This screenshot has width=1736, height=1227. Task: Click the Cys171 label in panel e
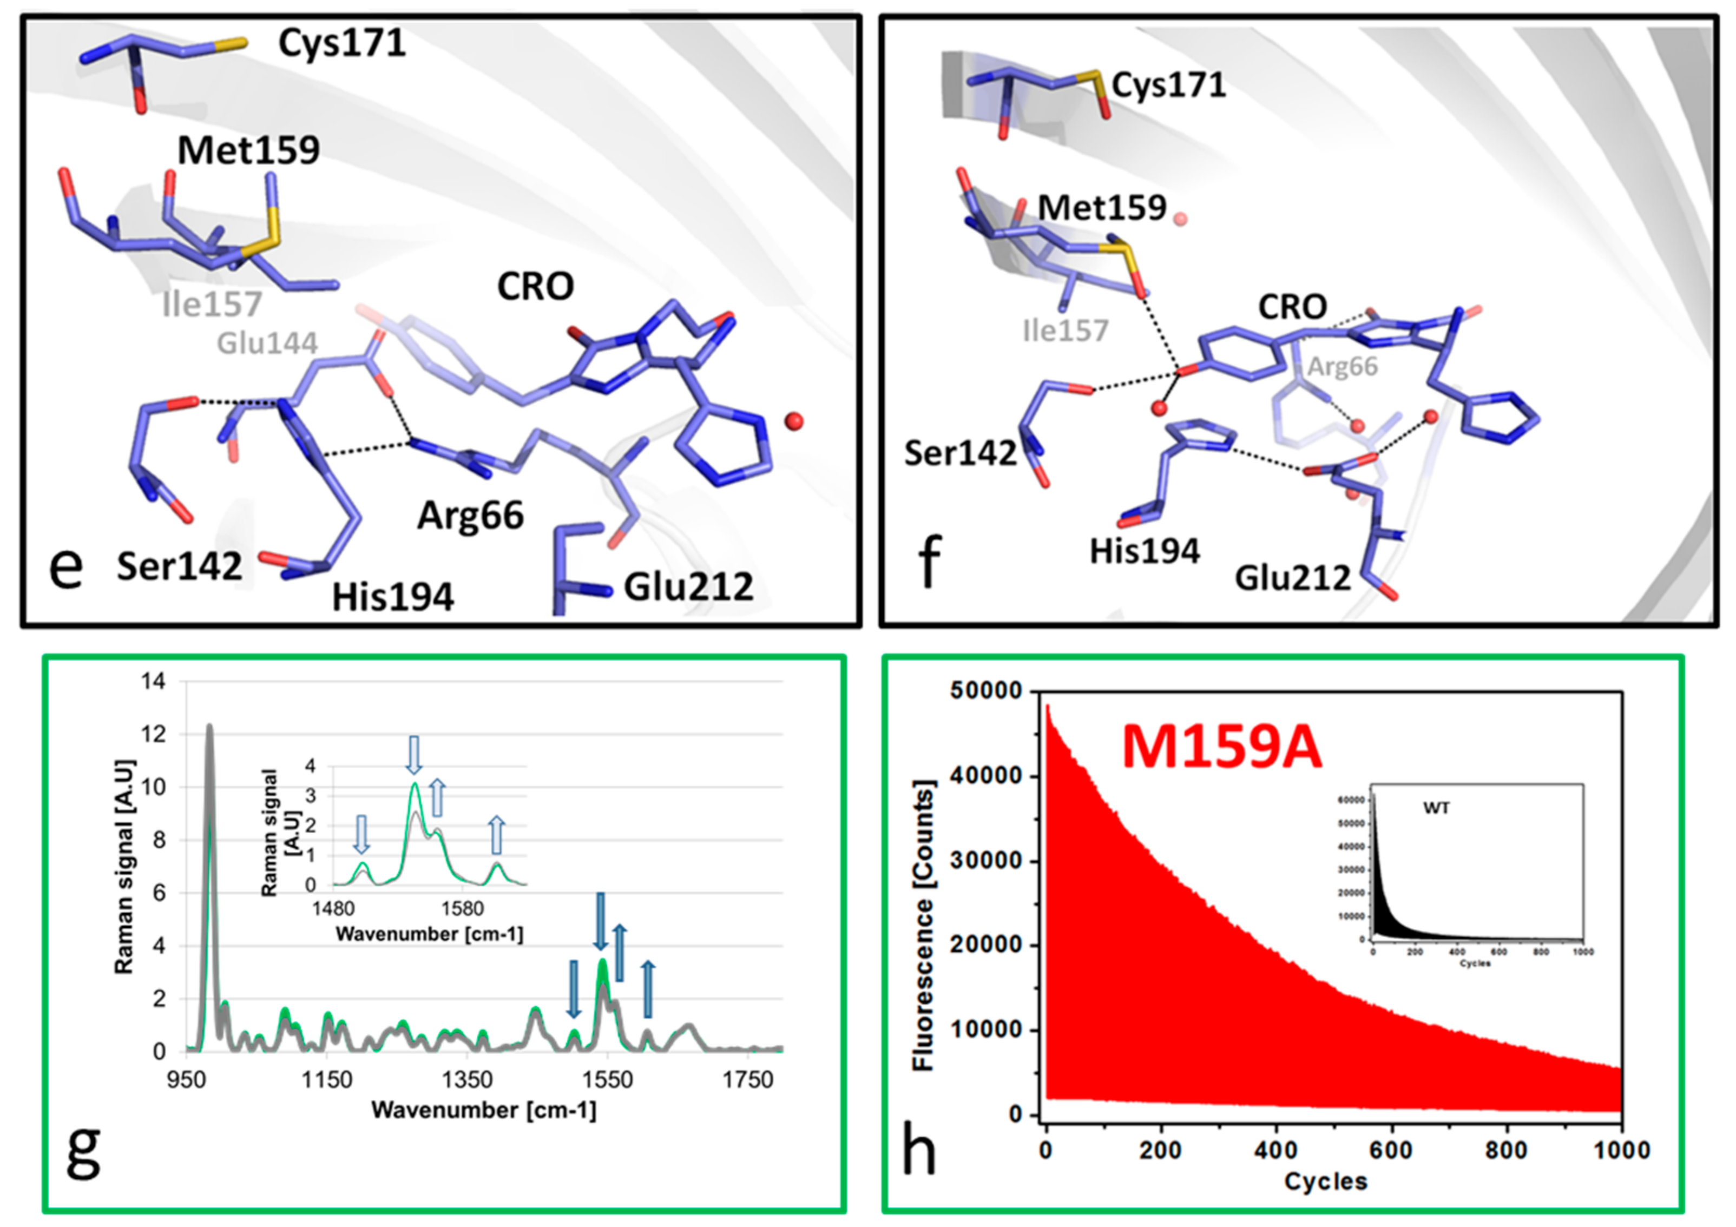342,43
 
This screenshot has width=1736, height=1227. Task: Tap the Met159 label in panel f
1102,207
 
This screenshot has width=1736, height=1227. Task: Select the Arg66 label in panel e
470,516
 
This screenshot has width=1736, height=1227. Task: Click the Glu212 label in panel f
1292,578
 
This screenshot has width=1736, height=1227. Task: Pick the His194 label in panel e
393,597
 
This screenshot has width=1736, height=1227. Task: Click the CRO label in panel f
1292,307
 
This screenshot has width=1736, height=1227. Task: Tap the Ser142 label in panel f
960,453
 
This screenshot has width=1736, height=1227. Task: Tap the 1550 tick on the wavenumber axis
607,1080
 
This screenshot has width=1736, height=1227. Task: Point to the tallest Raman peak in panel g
209,727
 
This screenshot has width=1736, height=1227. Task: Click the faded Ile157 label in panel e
213,305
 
